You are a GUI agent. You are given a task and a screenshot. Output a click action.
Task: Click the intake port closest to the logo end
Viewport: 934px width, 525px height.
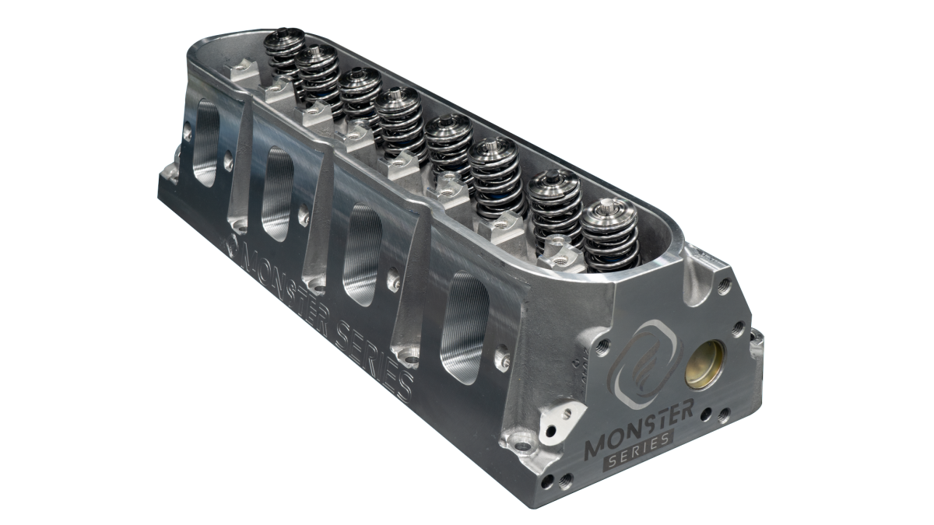464,324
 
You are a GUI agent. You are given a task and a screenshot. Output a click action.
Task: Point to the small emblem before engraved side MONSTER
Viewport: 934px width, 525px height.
232,247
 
